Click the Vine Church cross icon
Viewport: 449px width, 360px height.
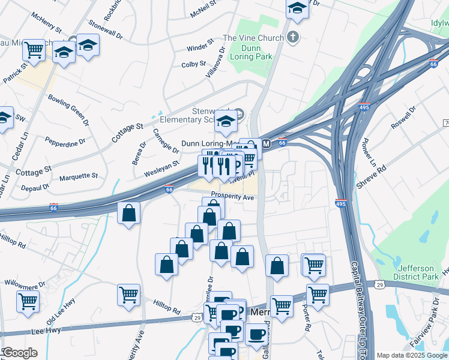pos(293,37)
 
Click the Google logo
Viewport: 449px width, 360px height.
pos(20,353)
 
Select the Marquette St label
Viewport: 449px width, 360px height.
pos(79,176)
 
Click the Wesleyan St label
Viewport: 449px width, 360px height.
pos(161,168)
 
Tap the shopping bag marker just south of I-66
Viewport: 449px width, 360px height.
pos(128,213)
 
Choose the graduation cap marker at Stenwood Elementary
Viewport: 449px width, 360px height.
pos(226,122)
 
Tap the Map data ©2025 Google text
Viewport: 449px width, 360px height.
pos(411,355)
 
